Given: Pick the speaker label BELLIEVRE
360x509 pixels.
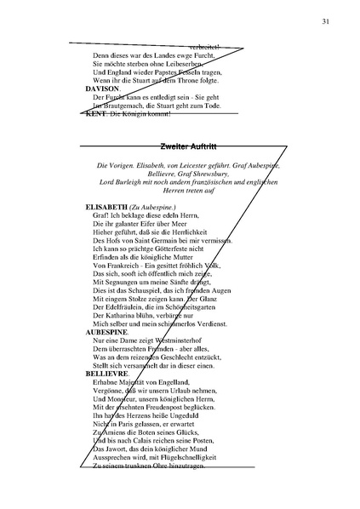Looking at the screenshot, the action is pyautogui.click(x=110, y=373).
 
